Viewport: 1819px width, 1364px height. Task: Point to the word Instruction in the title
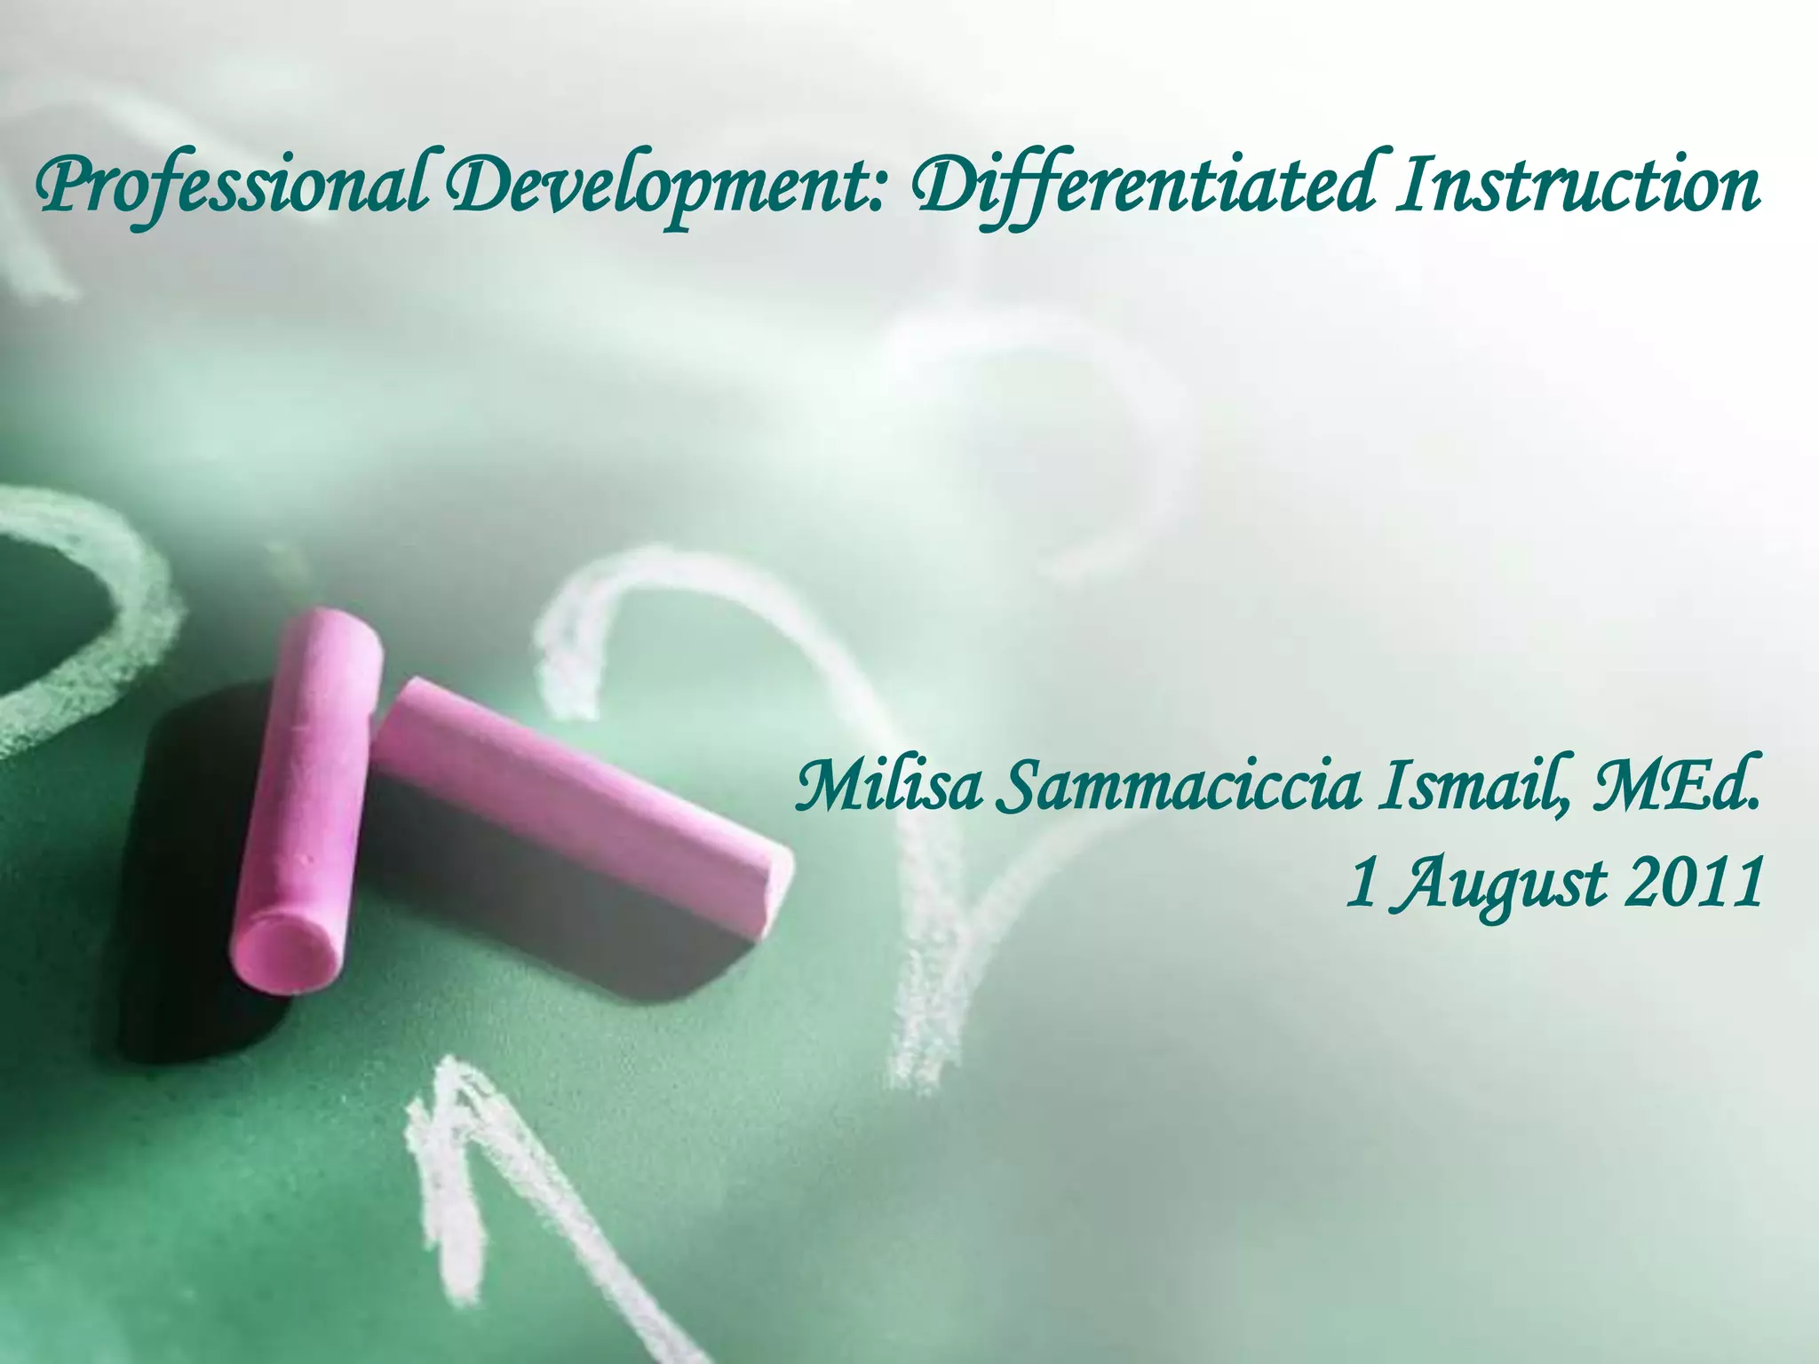click(1577, 187)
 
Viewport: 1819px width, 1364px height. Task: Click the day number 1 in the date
click(1360, 884)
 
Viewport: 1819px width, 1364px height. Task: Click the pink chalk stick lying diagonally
click(577, 799)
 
